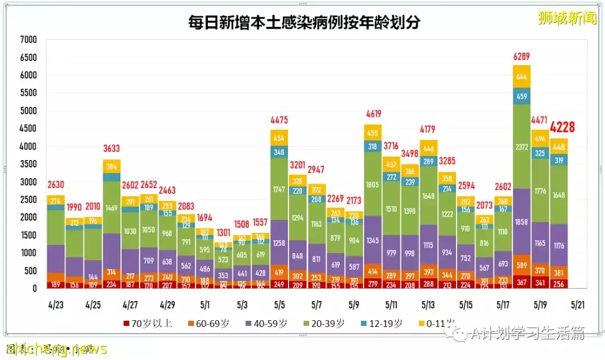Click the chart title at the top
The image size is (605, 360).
tap(304, 23)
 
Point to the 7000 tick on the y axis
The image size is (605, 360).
tap(27, 40)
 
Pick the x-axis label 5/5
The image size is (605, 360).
tap(279, 306)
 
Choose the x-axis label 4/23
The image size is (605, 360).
tap(55, 306)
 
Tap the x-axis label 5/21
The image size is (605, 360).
tap(578, 306)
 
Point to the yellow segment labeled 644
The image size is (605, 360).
tap(522, 77)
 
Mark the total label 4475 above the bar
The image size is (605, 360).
tap(279, 120)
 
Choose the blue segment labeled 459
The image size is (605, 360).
tap(522, 96)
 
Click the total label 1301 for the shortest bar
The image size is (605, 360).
tap(223, 232)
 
